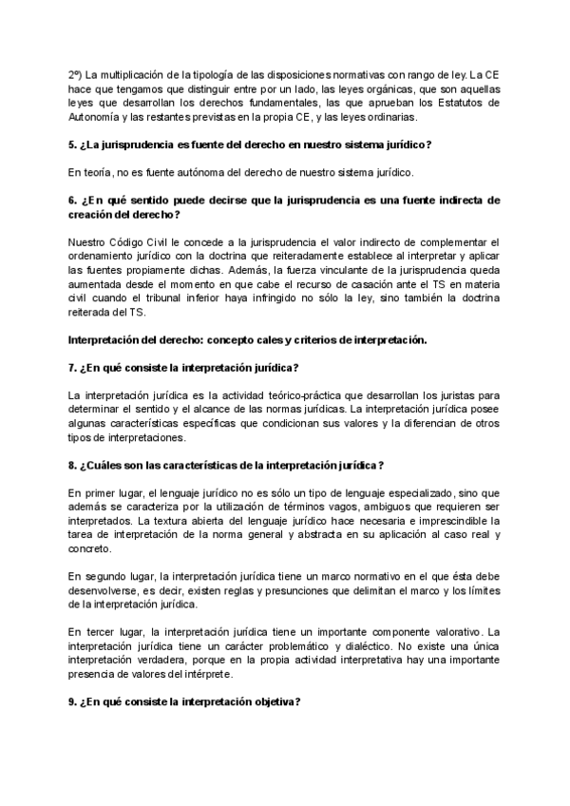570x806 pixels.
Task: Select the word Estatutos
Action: click(x=472, y=103)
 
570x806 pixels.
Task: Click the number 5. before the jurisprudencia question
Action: click(x=73, y=144)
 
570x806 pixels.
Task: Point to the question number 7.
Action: click(x=73, y=367)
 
